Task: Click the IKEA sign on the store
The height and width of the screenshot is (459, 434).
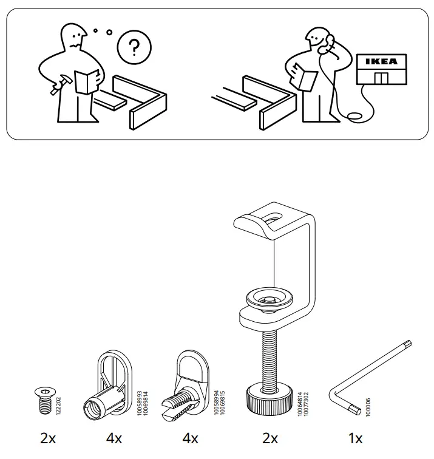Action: click(381, 62)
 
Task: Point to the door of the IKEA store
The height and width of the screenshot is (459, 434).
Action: click(381, 78)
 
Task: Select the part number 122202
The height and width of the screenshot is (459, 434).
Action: click(58, 403)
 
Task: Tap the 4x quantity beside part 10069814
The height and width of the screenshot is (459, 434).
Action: click(114, 438)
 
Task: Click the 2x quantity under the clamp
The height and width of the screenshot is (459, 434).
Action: click(270, 438)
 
